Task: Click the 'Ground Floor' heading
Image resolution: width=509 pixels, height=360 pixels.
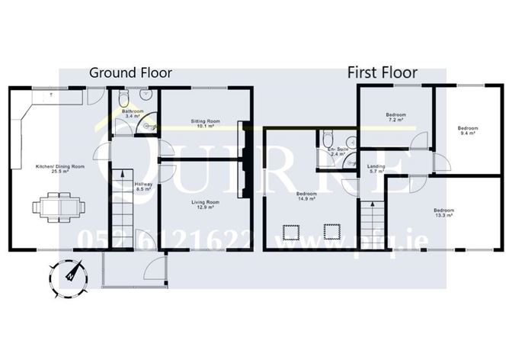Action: (x=130, y=73)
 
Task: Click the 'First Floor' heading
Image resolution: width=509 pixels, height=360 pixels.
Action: (x=382, y=73)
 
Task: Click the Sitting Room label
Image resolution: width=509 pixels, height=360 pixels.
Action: (x=203, y=123)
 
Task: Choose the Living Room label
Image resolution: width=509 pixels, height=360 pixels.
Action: (x=204, y=204)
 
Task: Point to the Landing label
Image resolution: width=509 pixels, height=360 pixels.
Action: (x=376, y=168)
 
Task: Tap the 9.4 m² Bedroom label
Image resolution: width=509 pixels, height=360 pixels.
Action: (x=467, y=130)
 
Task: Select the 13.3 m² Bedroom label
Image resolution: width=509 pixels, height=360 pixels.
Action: (x=443, y=212)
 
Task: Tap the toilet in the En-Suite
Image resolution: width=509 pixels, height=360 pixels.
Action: (x=326, y=140)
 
